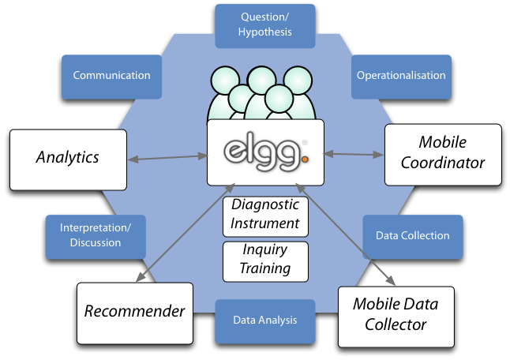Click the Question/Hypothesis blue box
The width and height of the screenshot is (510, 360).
click(266, 24)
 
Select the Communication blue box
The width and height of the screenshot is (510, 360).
click(111, 76)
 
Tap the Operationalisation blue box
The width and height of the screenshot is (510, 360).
click(401, 76)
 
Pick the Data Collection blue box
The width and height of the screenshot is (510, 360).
click(412, 235)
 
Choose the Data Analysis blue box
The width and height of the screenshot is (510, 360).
click(265, 320)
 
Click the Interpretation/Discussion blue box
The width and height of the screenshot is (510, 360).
click(96, 235)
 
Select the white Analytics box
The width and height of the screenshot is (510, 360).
click(67, 158)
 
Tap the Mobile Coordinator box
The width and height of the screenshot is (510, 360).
click(443, 153)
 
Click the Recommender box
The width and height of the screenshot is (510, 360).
click(135, 310)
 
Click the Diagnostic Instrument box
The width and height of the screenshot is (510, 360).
click(265, 214)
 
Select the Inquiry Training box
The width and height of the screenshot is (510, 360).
click(265, 259)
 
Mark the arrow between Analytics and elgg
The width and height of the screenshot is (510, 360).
click(167, 159)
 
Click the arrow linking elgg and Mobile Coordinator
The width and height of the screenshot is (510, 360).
click(354, 154)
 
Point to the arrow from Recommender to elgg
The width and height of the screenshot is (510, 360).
click(186, 234)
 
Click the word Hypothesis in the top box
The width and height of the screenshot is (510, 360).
click(266, 32)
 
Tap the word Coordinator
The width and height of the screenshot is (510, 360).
click(443, 163)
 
